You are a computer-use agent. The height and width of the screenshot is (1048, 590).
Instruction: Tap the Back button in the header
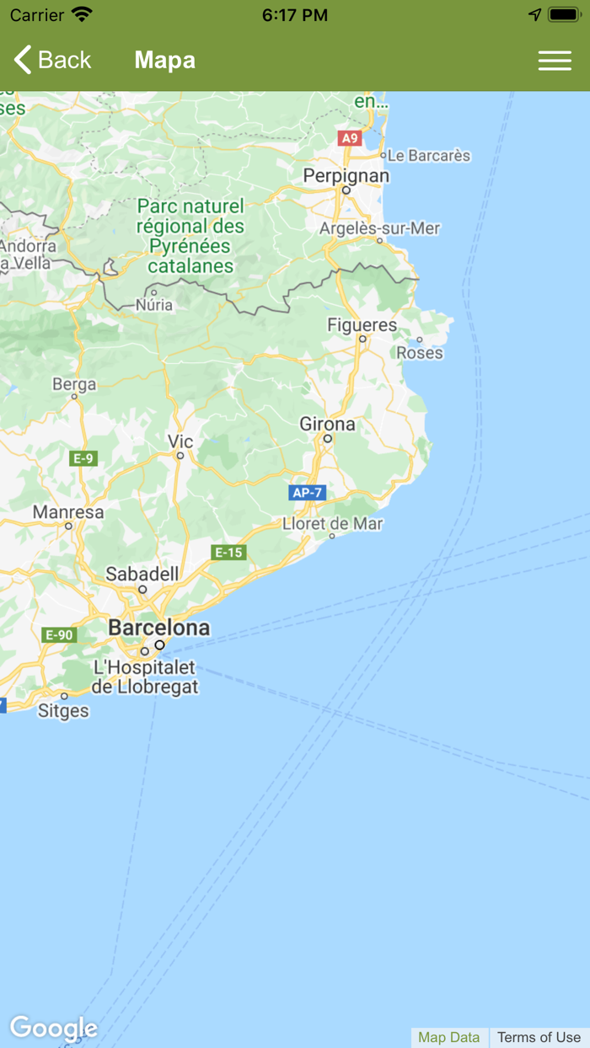tap(52, 60)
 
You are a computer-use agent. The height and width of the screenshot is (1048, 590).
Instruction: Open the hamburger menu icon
tap(555, 61)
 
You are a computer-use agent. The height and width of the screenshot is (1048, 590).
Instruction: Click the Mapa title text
tap(164, 60)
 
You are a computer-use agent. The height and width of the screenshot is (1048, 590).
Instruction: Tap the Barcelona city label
tap(158, 628)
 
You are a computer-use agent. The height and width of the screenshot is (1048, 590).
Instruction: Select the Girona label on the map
tap(327, 424)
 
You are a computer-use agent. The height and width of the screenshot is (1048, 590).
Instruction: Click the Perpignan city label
tap(346, 175)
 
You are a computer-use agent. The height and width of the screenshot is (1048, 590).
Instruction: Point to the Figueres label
tap(362, 324)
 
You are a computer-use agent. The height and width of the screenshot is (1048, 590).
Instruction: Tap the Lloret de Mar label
tap(332, 523)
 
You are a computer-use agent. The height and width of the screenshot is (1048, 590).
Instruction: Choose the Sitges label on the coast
tap(63, 710)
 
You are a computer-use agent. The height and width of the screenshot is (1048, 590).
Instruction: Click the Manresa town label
tap(68, 511)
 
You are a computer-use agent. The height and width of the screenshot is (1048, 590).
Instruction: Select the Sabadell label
tap(142, 574)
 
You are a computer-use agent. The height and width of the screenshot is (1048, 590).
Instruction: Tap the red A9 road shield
tap(349, 138)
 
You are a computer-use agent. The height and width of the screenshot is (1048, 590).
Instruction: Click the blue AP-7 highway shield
tap(307, 493)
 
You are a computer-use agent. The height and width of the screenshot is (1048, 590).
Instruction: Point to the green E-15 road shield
tap(228, 553)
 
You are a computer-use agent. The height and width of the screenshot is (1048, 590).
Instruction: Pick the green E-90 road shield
tap(59, 634)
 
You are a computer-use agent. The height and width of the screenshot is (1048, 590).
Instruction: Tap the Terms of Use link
tap(539, 1037)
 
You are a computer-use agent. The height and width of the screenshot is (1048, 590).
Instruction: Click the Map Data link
tap(448, 1037)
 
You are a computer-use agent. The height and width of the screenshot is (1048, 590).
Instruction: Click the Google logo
tap(53, 1028)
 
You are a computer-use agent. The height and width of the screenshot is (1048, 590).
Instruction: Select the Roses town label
tap(420, 352)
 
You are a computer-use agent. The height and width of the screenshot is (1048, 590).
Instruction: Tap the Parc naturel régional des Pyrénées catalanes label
tap(190, 236)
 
